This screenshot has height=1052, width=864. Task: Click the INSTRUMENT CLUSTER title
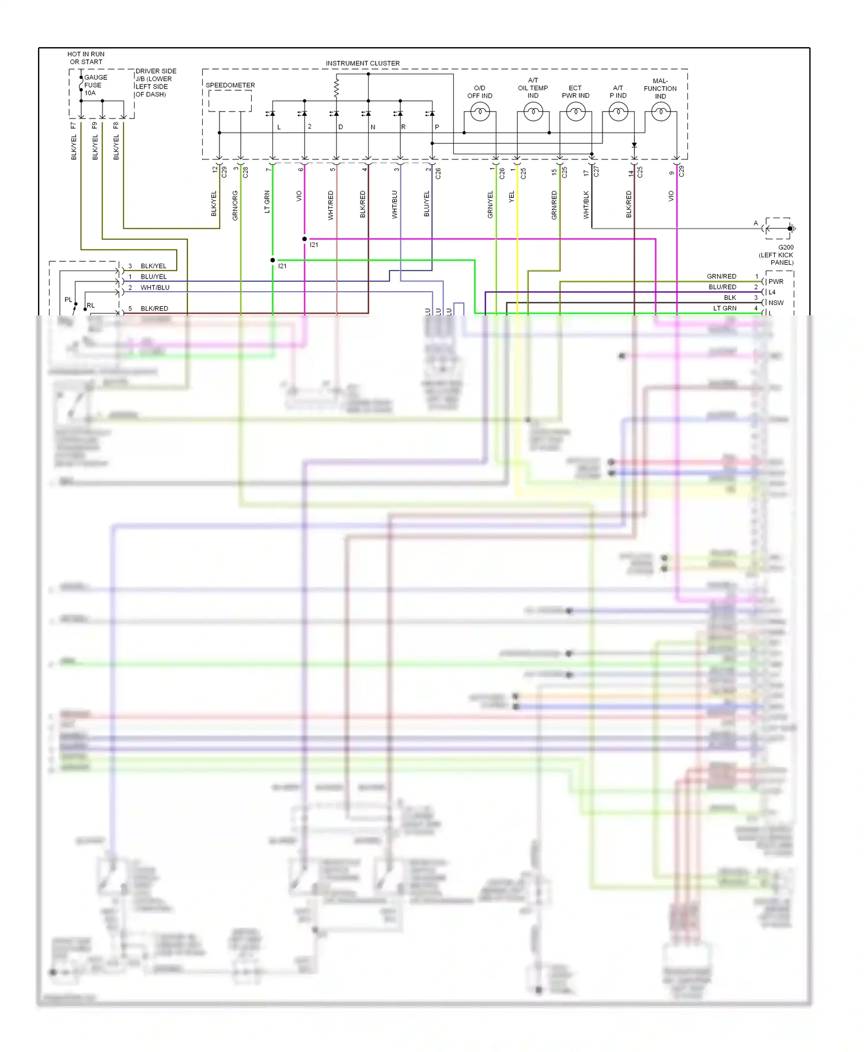pos(362,63)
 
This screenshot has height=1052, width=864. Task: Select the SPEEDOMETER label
pos(230,85)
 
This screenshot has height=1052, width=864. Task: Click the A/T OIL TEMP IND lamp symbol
pos(533,112)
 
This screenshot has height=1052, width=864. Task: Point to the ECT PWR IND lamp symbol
pos(575,112)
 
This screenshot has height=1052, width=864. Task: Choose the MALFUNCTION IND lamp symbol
pos(661,112)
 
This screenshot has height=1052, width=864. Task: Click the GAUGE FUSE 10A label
pos(95,85)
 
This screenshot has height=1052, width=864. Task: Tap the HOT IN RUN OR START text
pos(86,58)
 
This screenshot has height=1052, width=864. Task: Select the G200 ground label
pos(785,247)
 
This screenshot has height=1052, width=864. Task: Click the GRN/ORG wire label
pos(235,205)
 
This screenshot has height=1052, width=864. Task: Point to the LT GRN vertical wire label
pos(267,202)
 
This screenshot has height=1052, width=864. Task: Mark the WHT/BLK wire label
pos(586,205)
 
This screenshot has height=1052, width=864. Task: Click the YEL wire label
pos(511,197)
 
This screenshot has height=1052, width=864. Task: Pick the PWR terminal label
pos(776,282)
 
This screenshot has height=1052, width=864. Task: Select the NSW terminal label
pos(776,303)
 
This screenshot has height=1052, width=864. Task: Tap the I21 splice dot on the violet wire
pos(305,239)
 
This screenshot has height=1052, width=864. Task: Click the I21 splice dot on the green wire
pos(273,260)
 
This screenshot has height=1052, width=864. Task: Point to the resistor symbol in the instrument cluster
pos(336,87)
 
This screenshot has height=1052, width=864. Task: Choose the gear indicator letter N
pos(373,127)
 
